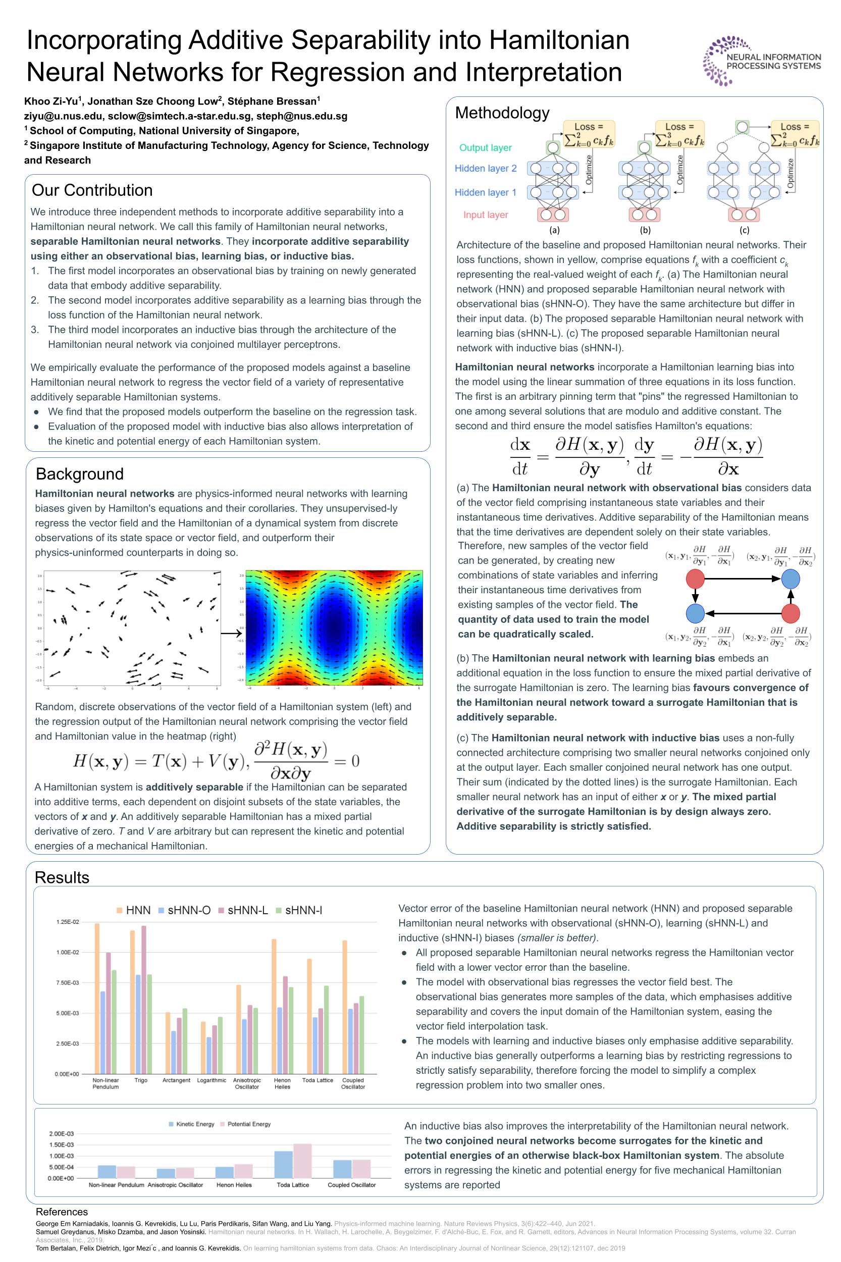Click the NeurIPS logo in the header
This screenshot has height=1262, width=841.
pos(762,61)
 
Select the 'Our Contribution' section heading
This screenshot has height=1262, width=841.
pos(92,190)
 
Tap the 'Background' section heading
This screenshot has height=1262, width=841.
pos(79,474)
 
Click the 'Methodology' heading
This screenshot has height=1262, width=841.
pos(502,113)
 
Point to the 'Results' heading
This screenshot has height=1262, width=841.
pos(62,877)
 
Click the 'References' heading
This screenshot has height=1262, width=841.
pos(62,1212)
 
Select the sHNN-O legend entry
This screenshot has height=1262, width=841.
pos(184,910)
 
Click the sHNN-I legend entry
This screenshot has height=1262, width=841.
pos(299,910)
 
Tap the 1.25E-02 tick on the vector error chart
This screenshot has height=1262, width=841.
pos(68,922)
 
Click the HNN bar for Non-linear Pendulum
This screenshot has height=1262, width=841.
pos(97,998)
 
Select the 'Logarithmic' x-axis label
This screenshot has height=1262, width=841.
pos(212,1080)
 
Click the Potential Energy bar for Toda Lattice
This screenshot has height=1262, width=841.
pos(302,1160)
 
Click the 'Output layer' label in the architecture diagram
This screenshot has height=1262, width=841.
pos(486,147)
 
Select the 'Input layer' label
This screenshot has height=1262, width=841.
pos(486,215)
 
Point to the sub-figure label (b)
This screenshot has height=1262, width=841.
pos(645,230)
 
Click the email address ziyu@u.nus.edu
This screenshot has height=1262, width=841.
pos(63,116)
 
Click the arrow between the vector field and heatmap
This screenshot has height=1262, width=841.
pos(231,634)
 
